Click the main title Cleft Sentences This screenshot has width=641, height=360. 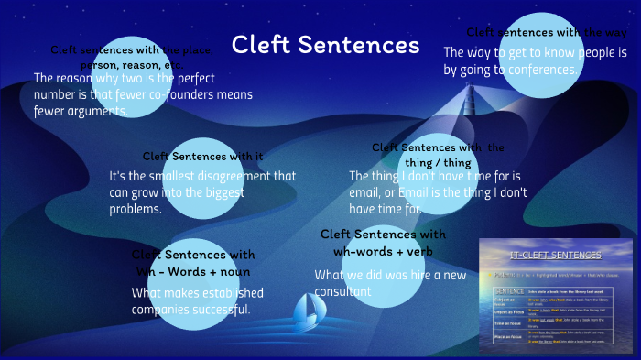(325, 45)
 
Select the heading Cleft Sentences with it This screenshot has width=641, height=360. (202, 156)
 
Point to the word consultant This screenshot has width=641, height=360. (343, 291)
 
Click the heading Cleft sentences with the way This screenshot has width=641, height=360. (547, 32)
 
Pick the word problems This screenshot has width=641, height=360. (136, 208)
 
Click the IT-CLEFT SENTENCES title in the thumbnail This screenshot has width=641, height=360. (555, 255)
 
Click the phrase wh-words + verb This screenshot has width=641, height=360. (384, 251)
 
